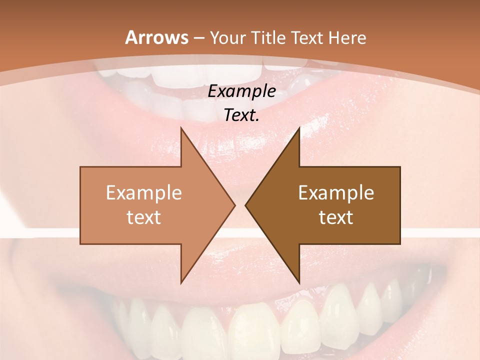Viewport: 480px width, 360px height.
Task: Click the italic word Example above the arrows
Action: [x=241, y=91]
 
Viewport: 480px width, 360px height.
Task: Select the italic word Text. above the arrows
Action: [x=241, y=115]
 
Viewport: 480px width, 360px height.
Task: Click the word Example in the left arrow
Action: [x=143, y=192]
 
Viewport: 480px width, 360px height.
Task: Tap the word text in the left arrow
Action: [x=143, y=217]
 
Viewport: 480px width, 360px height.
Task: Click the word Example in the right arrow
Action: [x=336, y=192]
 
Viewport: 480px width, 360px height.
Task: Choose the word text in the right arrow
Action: [x=336, y=217]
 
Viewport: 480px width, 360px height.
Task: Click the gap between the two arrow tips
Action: [x=240, y=205]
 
